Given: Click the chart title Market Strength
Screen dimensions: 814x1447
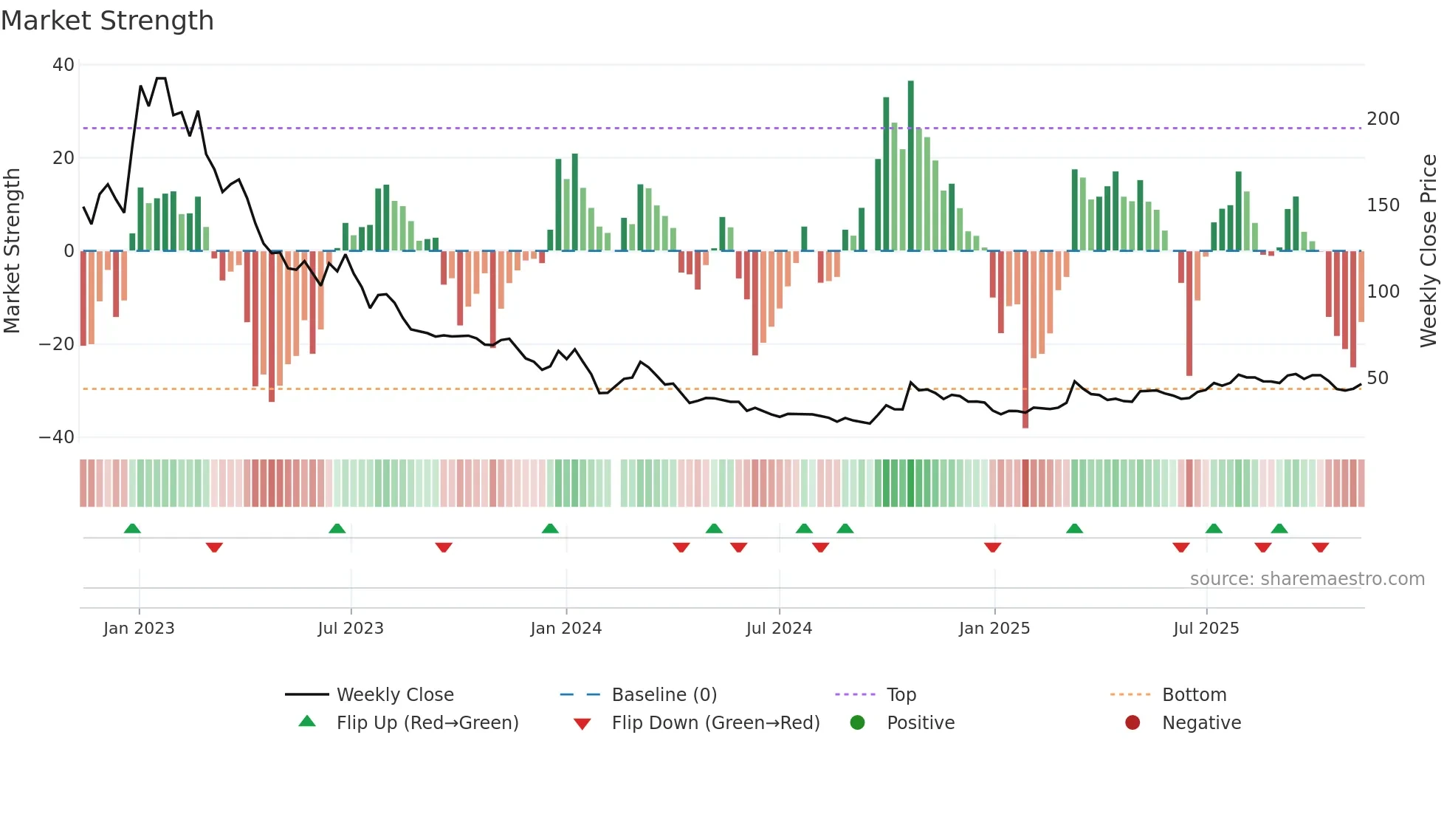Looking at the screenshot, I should click(x=107, y=21).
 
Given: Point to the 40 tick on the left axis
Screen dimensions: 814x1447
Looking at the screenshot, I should click(x=63, y=65).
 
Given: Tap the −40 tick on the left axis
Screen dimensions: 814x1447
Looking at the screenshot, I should click(x=57, y=437).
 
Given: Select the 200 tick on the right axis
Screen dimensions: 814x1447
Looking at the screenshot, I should click(x=1383, y=119).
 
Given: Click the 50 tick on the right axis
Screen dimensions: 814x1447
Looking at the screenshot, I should click(x=1377, y=378).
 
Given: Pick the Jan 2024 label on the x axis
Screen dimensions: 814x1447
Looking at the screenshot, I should click(x=566, y=629).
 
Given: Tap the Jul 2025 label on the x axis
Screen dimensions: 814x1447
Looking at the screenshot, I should click(x=1206, y=629).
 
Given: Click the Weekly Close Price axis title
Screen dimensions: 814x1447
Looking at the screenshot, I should click(x=1429, y=251).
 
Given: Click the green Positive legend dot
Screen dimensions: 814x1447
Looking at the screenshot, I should click(x=857, y=723).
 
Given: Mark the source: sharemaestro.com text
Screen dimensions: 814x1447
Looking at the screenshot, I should click(x=1307, y=579).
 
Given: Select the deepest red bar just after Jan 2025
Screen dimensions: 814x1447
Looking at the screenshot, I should click(x=1025, y=340).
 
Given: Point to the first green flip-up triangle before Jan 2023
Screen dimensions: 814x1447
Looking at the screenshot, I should click(x=132, y=529).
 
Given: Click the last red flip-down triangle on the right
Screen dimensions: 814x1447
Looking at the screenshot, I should click(x=1320, y=547).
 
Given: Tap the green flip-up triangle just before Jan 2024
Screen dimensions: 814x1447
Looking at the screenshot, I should click(x=550, y=529).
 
